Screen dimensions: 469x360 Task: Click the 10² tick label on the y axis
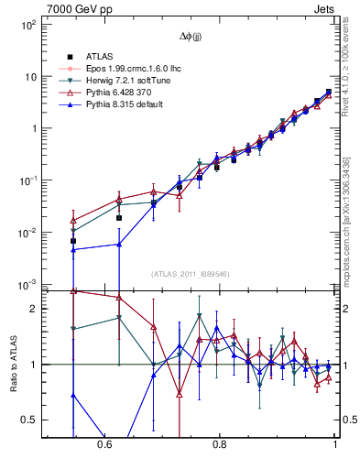coord(27,25)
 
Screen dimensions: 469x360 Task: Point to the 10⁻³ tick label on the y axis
coord(27,285)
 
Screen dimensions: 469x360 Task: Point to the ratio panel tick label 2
coord(35,309)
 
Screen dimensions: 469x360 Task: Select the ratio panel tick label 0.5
coord(31,420)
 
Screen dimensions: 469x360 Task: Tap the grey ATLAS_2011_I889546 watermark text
coord(190,275)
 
